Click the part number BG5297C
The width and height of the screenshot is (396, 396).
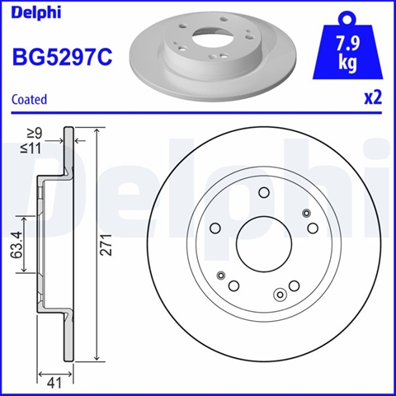(x=62, y=57)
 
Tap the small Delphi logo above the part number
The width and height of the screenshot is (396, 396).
(x=36, y=12)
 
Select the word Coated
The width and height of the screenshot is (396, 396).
(x=29, y=99)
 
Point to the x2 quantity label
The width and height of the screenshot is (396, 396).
(x=373, y=98)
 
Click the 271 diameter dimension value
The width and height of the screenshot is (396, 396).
(x=106, y=245)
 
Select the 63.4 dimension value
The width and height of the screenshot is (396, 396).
(x=16, y=245)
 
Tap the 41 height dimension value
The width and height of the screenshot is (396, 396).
(x=54, y=383)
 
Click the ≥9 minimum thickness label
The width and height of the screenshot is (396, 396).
(x=35, y=134)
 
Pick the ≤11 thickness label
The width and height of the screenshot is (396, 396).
(x=31, y=148)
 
